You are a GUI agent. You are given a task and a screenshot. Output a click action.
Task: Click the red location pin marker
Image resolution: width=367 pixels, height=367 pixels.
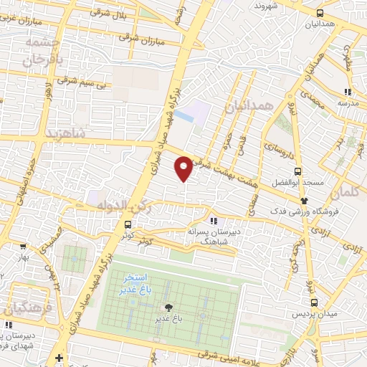tap(184, 168)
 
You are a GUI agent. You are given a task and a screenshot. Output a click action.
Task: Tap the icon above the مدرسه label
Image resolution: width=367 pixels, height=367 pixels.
tap(348, 92)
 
